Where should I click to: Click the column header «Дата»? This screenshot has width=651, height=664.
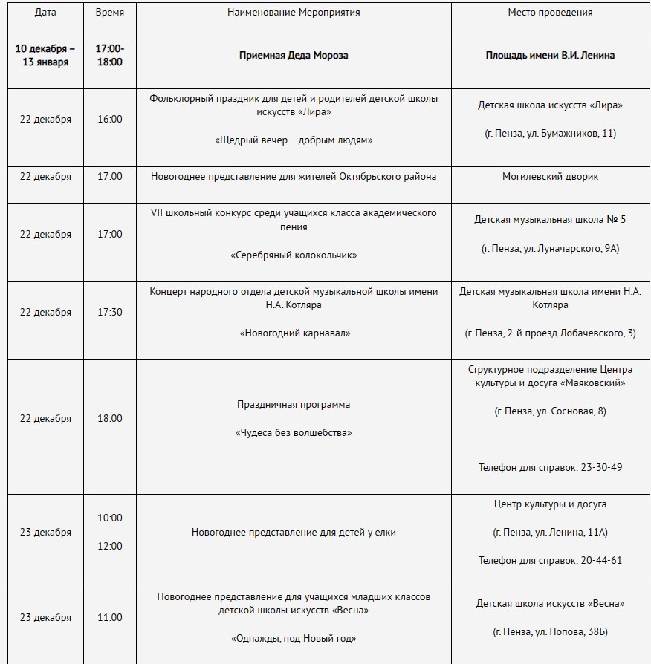click(45, 13)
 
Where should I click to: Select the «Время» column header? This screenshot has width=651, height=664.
click(110, 13)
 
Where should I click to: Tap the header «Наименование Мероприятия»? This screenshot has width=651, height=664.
click(294, 13)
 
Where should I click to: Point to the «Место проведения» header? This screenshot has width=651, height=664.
click(550, 13)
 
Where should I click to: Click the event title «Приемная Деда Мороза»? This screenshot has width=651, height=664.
click(294, 55)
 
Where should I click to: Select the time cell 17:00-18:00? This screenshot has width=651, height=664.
click(110, 55)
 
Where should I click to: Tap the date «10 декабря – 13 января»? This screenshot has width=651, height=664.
click(45, 55)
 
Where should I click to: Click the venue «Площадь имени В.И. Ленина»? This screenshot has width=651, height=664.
click(550, 55)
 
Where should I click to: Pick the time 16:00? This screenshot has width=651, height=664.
click(110, 119)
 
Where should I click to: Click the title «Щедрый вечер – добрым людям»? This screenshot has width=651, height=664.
click(294, 140)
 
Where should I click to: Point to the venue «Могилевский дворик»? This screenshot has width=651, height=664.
click(550, 176)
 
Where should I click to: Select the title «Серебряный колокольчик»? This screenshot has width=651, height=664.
click(294, 255)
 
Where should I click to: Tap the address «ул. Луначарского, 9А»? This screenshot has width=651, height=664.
click(565, 248)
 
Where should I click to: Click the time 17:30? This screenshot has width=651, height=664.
click(110, 312)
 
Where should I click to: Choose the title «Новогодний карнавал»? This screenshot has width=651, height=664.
click(294, 333)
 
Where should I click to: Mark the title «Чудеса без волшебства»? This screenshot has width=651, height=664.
click(294, 432)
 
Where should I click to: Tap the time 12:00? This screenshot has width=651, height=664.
click(110, 546)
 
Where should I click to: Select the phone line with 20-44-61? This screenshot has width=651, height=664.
click(550, 560)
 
